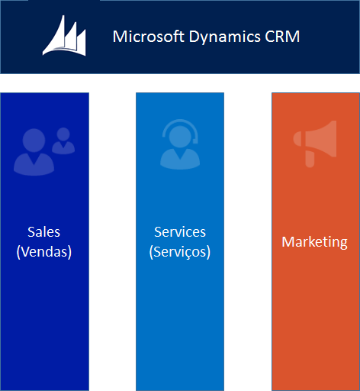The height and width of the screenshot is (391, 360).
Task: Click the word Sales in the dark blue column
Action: coord(43,232)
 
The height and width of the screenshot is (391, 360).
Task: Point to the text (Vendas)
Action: coord(43,251)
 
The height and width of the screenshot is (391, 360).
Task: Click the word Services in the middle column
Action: coord(180,232)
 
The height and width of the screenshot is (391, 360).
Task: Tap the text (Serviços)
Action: coord(180,251)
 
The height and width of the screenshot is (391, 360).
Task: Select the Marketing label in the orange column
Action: coord(314,242)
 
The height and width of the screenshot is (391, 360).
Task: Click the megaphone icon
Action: coord(314,145)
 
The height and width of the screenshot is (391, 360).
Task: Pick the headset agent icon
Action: coord(180,145)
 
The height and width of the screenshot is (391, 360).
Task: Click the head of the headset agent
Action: coord(180,136)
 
